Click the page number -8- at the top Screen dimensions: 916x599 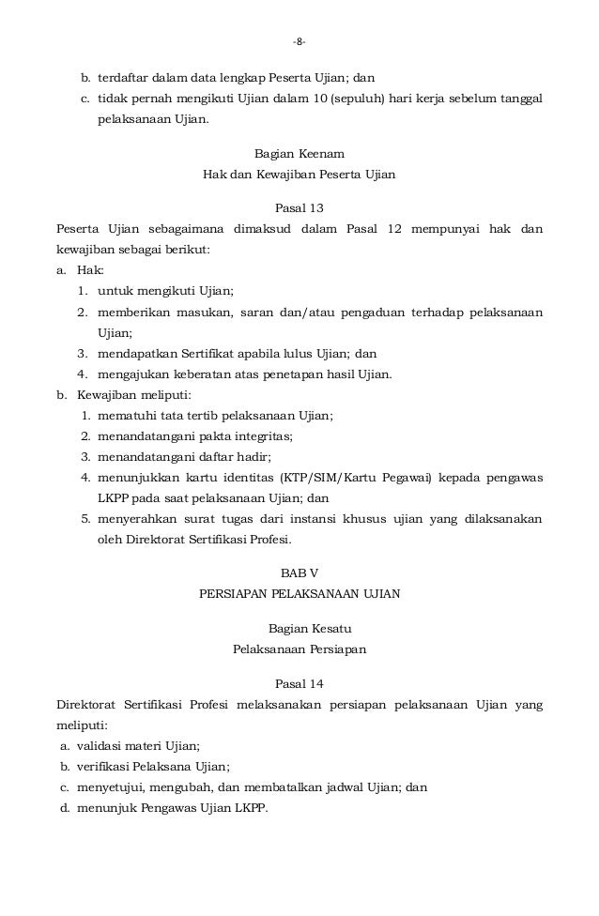click(x=299, y=41)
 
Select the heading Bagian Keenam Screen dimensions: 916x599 click(x=299, y=153)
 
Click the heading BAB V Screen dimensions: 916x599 click(x=299, y=572)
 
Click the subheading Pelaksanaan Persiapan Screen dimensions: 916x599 click(x=299, y=649)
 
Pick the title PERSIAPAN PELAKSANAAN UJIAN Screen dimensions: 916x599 click(x=299, y=594)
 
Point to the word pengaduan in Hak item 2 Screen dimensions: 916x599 click(x=373, y=311)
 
